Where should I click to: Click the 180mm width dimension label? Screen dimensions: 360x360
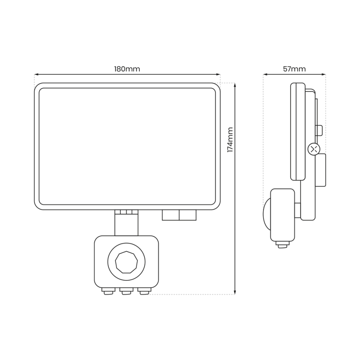(x=127, y=69)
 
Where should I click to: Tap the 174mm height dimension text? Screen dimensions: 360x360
(x=230, y=140)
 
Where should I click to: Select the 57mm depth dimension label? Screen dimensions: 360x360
(x=294, y=69)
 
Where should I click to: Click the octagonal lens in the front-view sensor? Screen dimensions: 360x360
(x=126, y=262)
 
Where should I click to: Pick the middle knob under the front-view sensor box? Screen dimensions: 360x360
(x=126, y=292)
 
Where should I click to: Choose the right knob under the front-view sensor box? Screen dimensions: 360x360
(x=144, y=292)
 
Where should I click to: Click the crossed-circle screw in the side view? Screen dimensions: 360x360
(x=314, y=148)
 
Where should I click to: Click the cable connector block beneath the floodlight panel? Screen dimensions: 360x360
(x=179, y=215)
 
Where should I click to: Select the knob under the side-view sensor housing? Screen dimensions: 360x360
(x=283, y=246)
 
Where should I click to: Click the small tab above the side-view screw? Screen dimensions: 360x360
(x=319, y=131)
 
